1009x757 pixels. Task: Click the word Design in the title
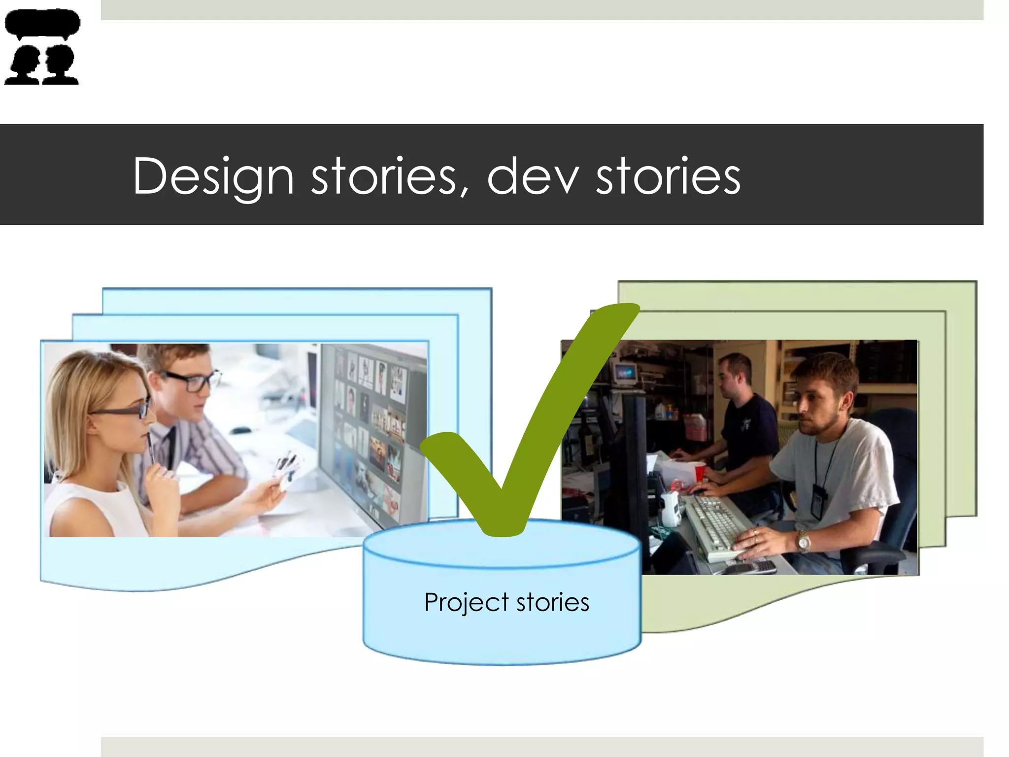[x=213, y=176]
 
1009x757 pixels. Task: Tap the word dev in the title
[x=532, y=176]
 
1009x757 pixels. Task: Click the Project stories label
[x=506, y=602]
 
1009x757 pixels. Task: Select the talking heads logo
[x=42, y=47]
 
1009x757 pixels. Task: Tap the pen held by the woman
[x=150, y=446]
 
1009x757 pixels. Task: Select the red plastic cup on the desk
[x=700, y=472]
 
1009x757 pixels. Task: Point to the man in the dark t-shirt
[x=744, y=419]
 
